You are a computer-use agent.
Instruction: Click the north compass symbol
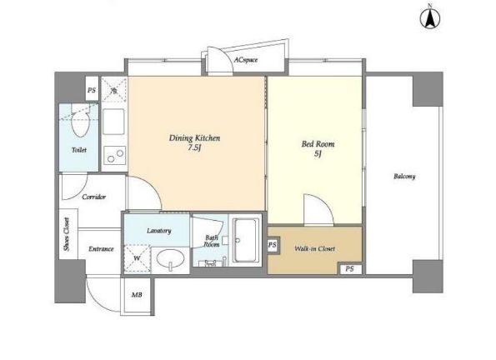pyautogui.click(x=430, y=17)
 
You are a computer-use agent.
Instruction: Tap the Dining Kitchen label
pyautogui.click(x=194, y=138)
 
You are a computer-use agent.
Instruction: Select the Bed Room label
pyautogui.click(x=318, y=144)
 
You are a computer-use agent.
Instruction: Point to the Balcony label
pyautogui.click(x=404, y=176)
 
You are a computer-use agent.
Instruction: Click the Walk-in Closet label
pyautogui.click(x=315, y=248)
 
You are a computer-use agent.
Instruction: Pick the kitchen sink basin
pyautogui.click(x=113, y=122)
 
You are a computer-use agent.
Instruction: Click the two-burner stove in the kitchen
pyautogui.click(x=114, y=155)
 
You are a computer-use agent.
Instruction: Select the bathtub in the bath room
pyautogui.click(x=245, y=240)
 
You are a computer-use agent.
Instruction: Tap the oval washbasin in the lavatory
pyautogui.click(x=171, y=259)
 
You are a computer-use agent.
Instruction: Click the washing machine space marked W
pyautogui.click(x=138, y=258)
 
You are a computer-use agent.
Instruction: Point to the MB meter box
pyautogui.click(x=137, y=295)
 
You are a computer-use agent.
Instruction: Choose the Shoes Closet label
pyautogui.click(x=67, y=234)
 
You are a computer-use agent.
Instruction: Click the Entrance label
pyautogui.click(x=101, y=249)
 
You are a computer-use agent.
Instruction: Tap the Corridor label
pyautogui.click(x=93, y=197)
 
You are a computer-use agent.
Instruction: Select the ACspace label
pyautogui.click(x=246, y=60)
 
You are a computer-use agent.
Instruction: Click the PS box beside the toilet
pyautogui.click(x=92, y=89)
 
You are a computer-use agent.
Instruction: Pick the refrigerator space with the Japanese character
pyautogui.click(x=114, y=90)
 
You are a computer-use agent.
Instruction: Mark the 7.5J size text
pyautogui.click(x=194, y=147)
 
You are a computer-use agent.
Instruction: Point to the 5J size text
pyautogui.click(x=318, y=153)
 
